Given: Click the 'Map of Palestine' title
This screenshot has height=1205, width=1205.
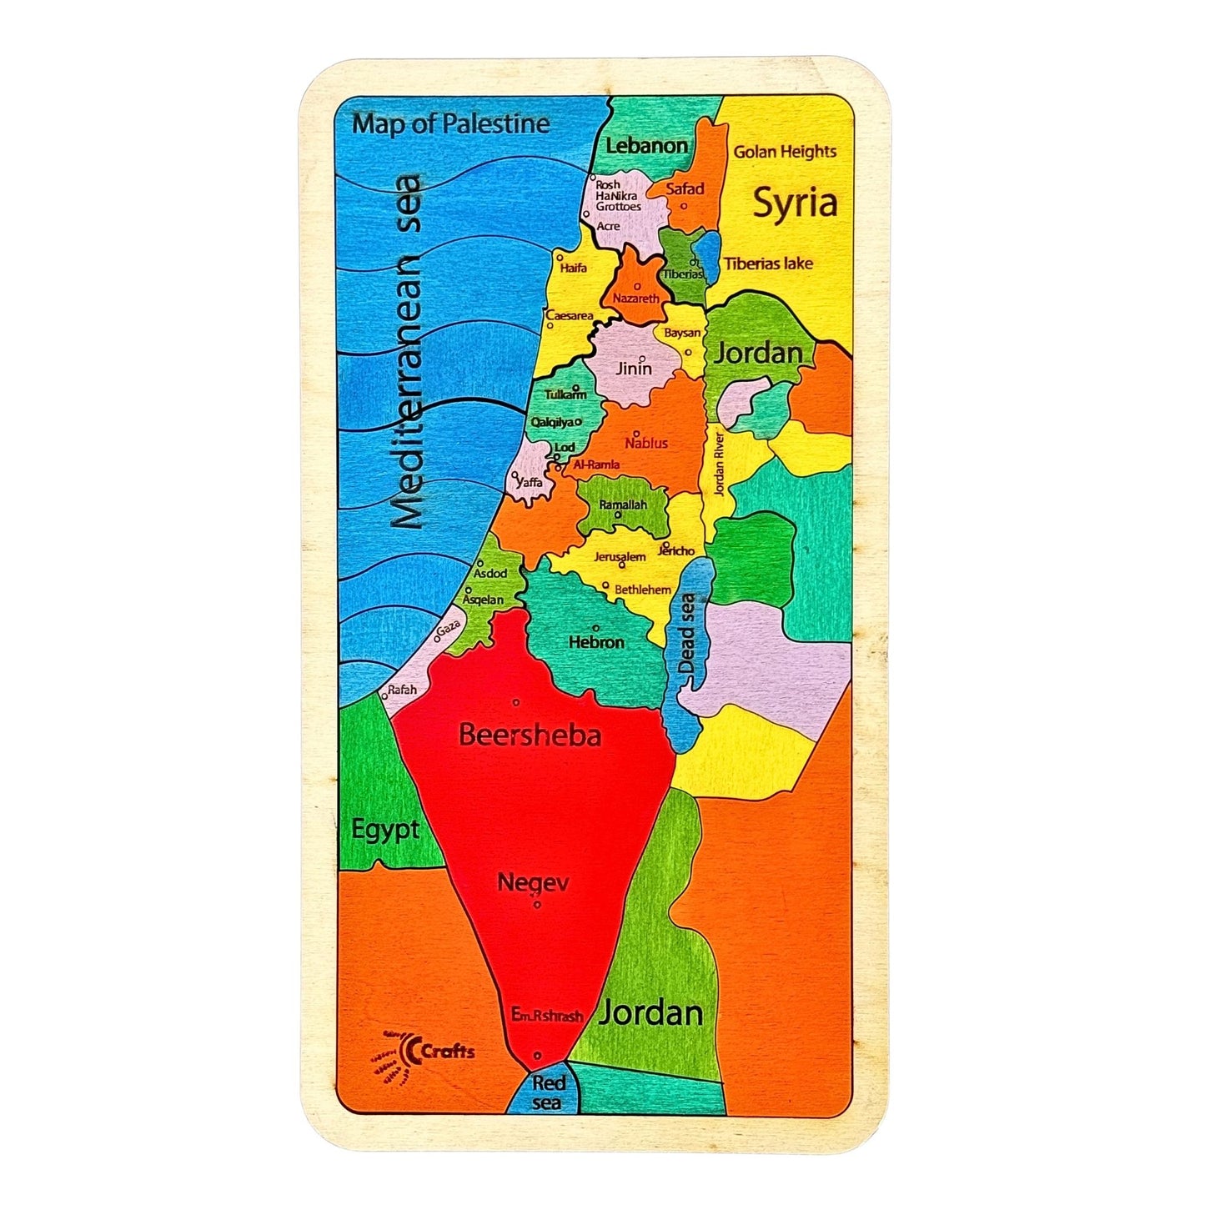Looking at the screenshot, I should [450, 124].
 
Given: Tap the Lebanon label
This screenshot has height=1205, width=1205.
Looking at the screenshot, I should [646, 145].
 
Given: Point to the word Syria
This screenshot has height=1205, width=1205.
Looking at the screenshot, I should [795, 203].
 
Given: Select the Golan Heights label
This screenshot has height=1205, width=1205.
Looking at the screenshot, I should [785, 152].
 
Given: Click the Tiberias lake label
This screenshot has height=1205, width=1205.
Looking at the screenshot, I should [768, 264].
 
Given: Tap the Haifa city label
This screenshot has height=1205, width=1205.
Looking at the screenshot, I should [574, 268].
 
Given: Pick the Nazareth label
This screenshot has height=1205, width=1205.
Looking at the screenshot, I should [635, 298].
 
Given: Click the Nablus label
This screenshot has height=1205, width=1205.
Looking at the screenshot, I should [646, 443].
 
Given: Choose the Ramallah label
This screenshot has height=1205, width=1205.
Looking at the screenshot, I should [623, 505].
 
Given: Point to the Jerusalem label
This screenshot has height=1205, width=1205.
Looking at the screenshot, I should [620, 557].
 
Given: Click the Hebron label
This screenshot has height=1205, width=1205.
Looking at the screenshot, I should [596, 642].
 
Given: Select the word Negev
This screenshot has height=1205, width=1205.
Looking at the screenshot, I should [533, 881].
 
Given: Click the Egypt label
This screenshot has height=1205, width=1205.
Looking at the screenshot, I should [384, 830].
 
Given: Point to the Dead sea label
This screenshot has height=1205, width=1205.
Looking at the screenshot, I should [687, 634].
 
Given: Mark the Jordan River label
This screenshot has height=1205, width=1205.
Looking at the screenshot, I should [719, 463].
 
